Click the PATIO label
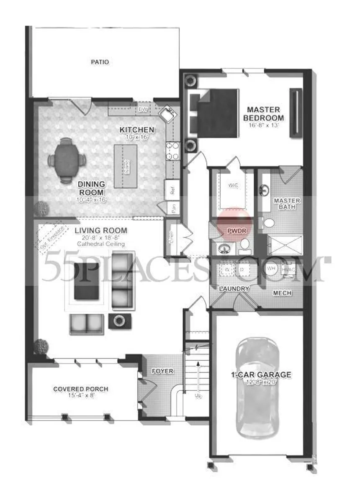tap(100, 62)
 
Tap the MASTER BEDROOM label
tap(263, 114)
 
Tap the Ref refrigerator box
tap(172, 190)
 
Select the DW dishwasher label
tap(142, 110)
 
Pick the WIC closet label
tap(233, 185)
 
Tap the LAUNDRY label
tap(234, 289)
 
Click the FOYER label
tap(162, 371)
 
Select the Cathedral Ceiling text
tap(100, 244)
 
